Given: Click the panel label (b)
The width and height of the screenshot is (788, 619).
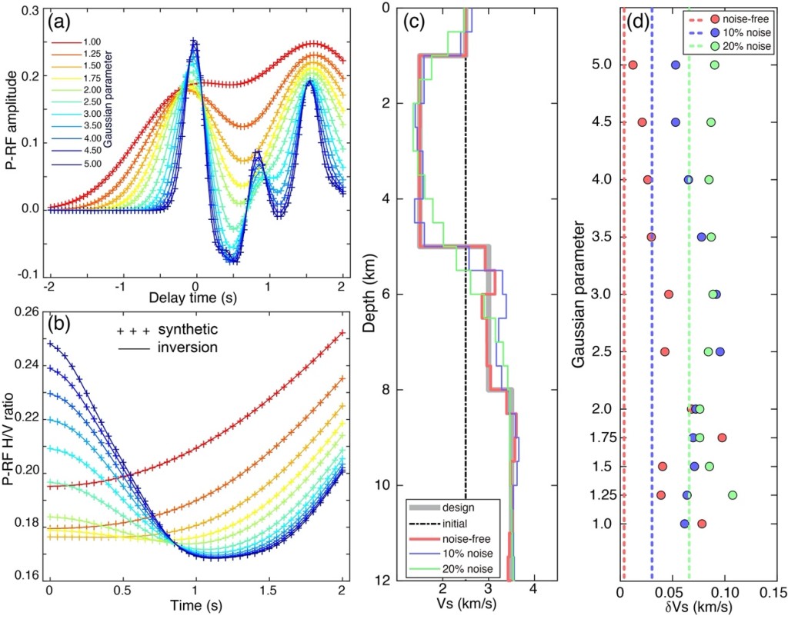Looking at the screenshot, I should (62, 324).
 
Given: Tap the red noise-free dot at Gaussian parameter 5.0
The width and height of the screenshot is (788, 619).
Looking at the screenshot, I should (633, 65).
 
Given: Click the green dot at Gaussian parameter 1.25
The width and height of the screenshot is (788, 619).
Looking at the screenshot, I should (733, 495).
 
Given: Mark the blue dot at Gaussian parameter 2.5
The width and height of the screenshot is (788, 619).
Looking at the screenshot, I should (720, 351).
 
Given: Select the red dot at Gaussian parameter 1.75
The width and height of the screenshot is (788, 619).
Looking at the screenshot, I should (722, 438).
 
